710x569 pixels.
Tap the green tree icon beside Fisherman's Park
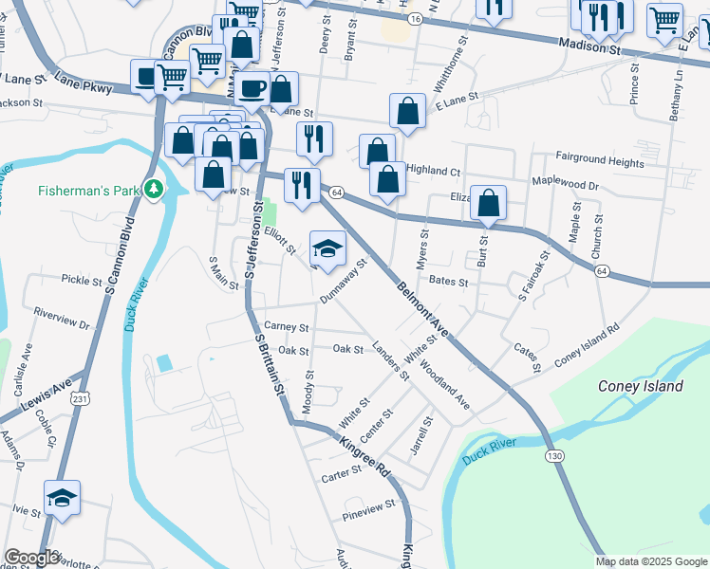pyautogui.click(x=151, y=190)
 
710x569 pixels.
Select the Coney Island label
pyautogui.click(x=640, y=386)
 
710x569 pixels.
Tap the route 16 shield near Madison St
pyautogui.click(x=415, y=18)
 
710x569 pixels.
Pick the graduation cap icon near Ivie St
pyautogui.click(x=62, y=497)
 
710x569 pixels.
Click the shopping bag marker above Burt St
pyautogui.click(x=488, y=203)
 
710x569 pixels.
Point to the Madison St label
pyautogui.click(x=589, y=45)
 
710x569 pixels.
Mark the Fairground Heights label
pyautogui.click(x=600, y=162)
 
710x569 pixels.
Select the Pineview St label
pyautogui.click(x=367, y=508)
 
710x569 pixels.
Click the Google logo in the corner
pyautogui.click(x=31, y=558)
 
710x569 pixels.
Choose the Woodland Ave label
pyautogui.click(x=444, y=384)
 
